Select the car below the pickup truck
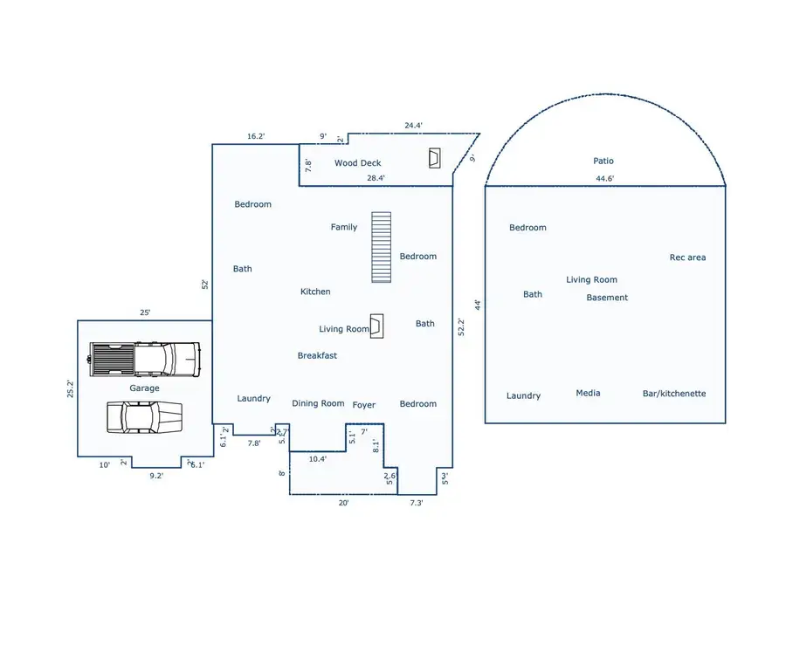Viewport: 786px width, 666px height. (144, 416)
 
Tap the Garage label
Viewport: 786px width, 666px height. (145, 388)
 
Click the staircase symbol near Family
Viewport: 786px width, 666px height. (381, 247)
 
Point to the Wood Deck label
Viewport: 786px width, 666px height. (358, 163)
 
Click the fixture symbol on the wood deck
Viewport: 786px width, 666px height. (435, 158)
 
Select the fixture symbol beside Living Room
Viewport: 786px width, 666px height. (376, 326)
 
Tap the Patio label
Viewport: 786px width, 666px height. (603, 161)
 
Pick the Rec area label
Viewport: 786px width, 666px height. (687, 257)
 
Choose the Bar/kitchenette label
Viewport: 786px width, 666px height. (674, 394)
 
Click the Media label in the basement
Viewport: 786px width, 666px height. (588, 393)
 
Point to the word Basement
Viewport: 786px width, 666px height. (607, 298)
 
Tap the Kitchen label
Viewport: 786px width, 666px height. (315, 292)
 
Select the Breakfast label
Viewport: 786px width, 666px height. (317, 355)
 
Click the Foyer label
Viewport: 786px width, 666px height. (364, 405)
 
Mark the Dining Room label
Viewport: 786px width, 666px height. (318, 403)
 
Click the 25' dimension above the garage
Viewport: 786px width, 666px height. (145, 312)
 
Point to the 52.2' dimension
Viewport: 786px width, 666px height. (462, 326)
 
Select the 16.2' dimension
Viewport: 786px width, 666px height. (256, 136)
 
